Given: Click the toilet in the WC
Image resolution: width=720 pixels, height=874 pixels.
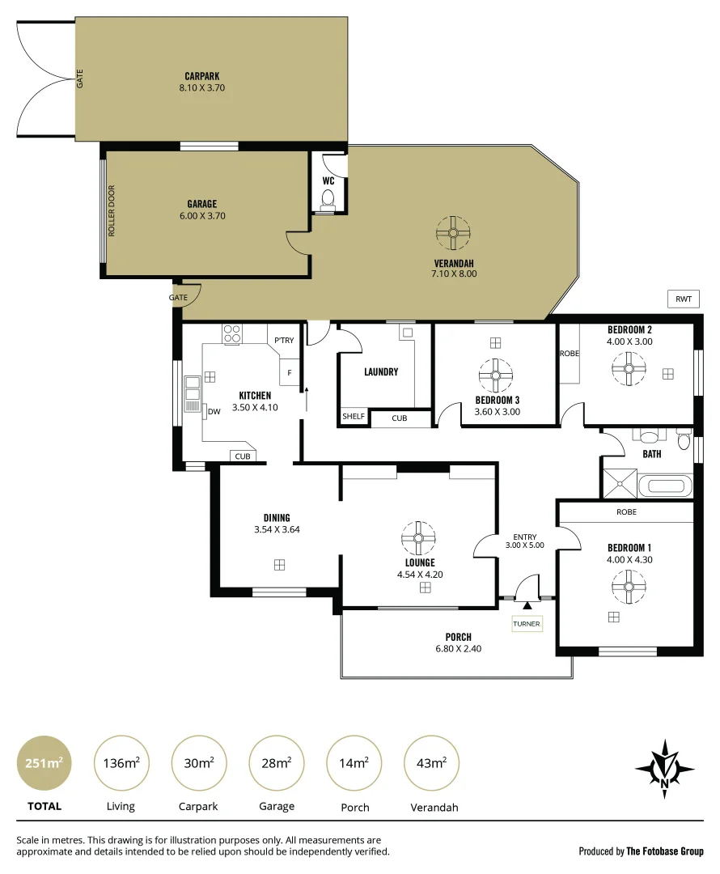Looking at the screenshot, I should pyautogui.click(x=328, y=199).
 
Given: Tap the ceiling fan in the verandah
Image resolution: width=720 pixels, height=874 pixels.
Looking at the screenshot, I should pyautogui.click(x=452, y=233).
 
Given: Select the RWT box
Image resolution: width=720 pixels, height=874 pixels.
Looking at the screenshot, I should pyautogui.click(x=683, y=299).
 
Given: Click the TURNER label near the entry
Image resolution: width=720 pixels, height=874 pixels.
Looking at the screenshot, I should pyautogui.click(x=526, y=624).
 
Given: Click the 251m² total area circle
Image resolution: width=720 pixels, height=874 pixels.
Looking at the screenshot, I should pyautogui.click(x=43, y=762).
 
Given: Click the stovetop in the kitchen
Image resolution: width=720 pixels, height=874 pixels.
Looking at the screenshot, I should pyautogui.click(x=232, y=333).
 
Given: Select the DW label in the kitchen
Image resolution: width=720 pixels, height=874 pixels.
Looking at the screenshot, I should pyautogui.click(x=214, y=412).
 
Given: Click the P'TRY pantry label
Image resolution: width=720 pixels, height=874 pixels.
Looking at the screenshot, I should pyautogui.click(x=284, y=341).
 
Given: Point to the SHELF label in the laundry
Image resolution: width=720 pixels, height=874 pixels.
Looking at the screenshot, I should pyautogui.click(x=354, y=417).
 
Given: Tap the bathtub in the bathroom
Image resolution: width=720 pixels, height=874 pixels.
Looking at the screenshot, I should pyautogui.click(x=665, y=487).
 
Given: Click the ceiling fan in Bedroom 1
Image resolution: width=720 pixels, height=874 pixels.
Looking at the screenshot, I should pyautogui.click(x=626, y=586).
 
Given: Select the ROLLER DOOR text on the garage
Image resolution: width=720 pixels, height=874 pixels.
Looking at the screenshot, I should pyautogui.click(x=112, y=212).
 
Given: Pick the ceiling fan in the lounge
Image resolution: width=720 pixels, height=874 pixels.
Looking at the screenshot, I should pyautogui.click(x=419, y=537).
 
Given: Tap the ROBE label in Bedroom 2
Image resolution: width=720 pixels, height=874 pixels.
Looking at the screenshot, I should pyautogui.click(x=569, y=354).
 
